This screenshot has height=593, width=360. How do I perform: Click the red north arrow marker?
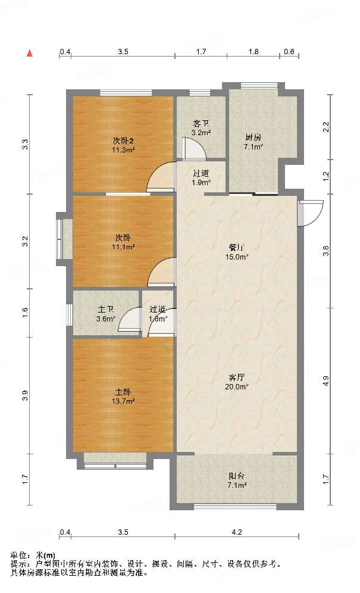(30, 53)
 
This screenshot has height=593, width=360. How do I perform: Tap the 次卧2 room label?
(123, 141)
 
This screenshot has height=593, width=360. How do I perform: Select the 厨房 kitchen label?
(253, 138)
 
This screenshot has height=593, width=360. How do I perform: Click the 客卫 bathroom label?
(201, 124)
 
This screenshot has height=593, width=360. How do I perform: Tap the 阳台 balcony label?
(236, 476)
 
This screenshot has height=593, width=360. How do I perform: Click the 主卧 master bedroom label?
(123, 392)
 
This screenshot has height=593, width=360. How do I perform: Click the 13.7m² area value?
(123, 401)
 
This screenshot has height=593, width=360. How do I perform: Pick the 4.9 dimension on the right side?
(326, 381)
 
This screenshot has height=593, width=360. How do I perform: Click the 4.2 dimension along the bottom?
(237, 532)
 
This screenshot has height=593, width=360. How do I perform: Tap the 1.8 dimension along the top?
(253, 51)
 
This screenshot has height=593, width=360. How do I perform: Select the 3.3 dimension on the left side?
(25, 144)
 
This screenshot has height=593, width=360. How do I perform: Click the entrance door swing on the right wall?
(311, 213)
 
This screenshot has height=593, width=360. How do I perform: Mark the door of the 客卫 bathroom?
(193, 148)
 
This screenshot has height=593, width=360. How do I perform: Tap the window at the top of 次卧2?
(126, 93)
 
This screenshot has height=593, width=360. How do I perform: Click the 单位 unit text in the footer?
(18, 555)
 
